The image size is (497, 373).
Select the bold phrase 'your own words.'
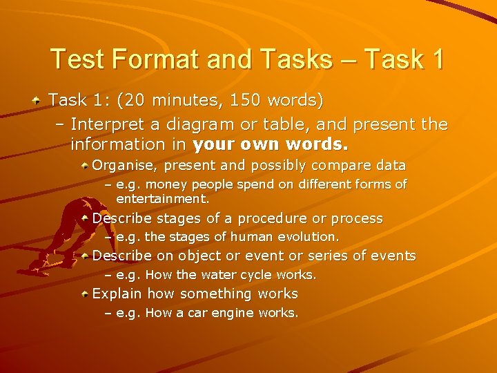pos(271,146)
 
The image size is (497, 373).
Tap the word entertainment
pos(162,199)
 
